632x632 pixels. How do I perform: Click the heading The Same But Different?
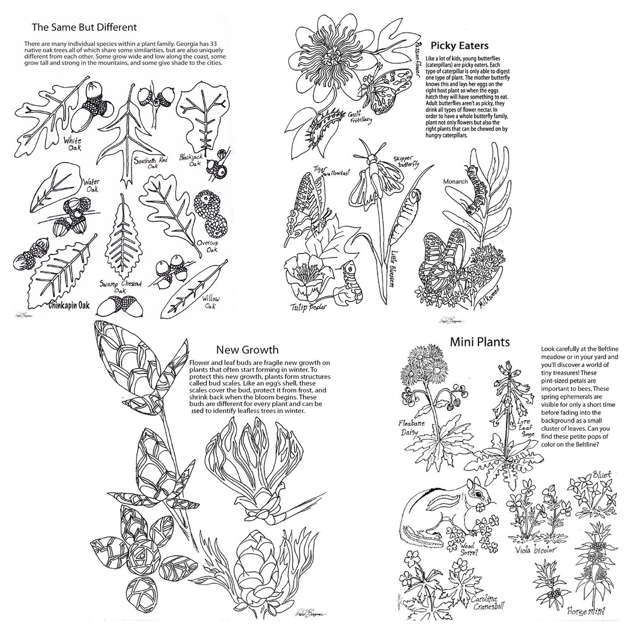[84, 27]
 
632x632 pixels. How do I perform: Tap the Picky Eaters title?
[460, 46]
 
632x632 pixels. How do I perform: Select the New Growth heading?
[247, 350]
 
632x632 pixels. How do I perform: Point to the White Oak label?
[72, 145]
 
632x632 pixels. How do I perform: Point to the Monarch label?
[455, 181]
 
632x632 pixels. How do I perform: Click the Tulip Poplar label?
[309, 307]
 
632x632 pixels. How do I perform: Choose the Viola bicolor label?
[537, 551]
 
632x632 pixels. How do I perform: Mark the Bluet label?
[601, 475]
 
